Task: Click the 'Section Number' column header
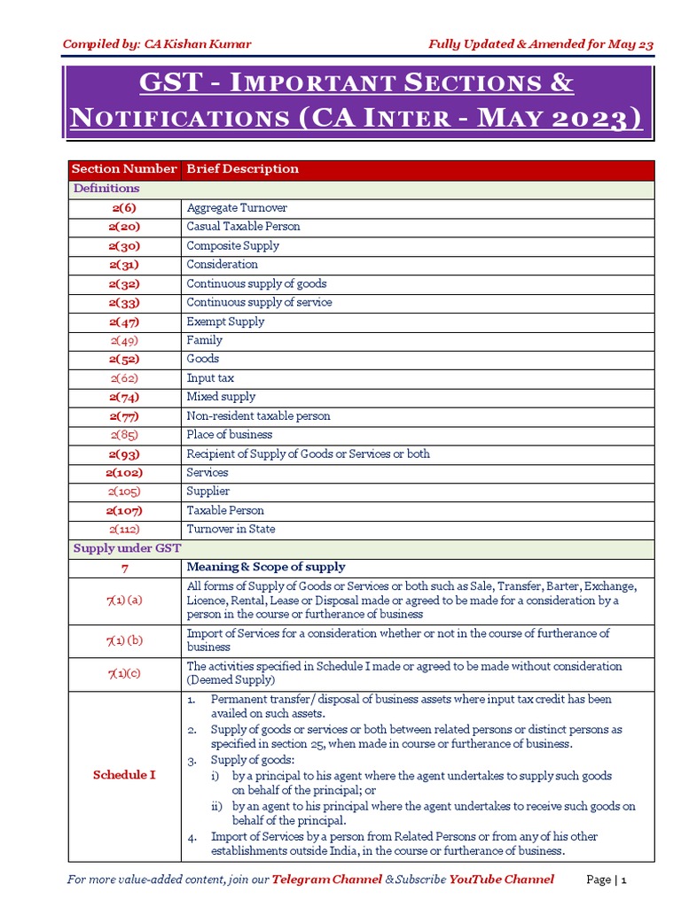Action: (124, 169)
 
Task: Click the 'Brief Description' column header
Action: (242, 169)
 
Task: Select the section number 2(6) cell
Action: (124, 207)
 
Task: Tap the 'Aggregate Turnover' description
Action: (237, 207)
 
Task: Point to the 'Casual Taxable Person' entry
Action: (243, 227)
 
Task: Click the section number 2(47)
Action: (124, 322)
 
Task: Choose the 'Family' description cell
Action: (204, 340)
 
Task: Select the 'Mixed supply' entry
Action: (221, 397)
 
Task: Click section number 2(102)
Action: (124, 473)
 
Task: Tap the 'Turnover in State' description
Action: (231, 530)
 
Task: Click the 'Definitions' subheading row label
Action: (106, 189)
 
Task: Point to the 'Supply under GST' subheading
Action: (127, 548)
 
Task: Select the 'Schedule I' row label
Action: (124, 775)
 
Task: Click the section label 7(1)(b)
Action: (124, 640)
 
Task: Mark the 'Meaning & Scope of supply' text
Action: (266, 567)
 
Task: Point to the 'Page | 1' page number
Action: (607, 880)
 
